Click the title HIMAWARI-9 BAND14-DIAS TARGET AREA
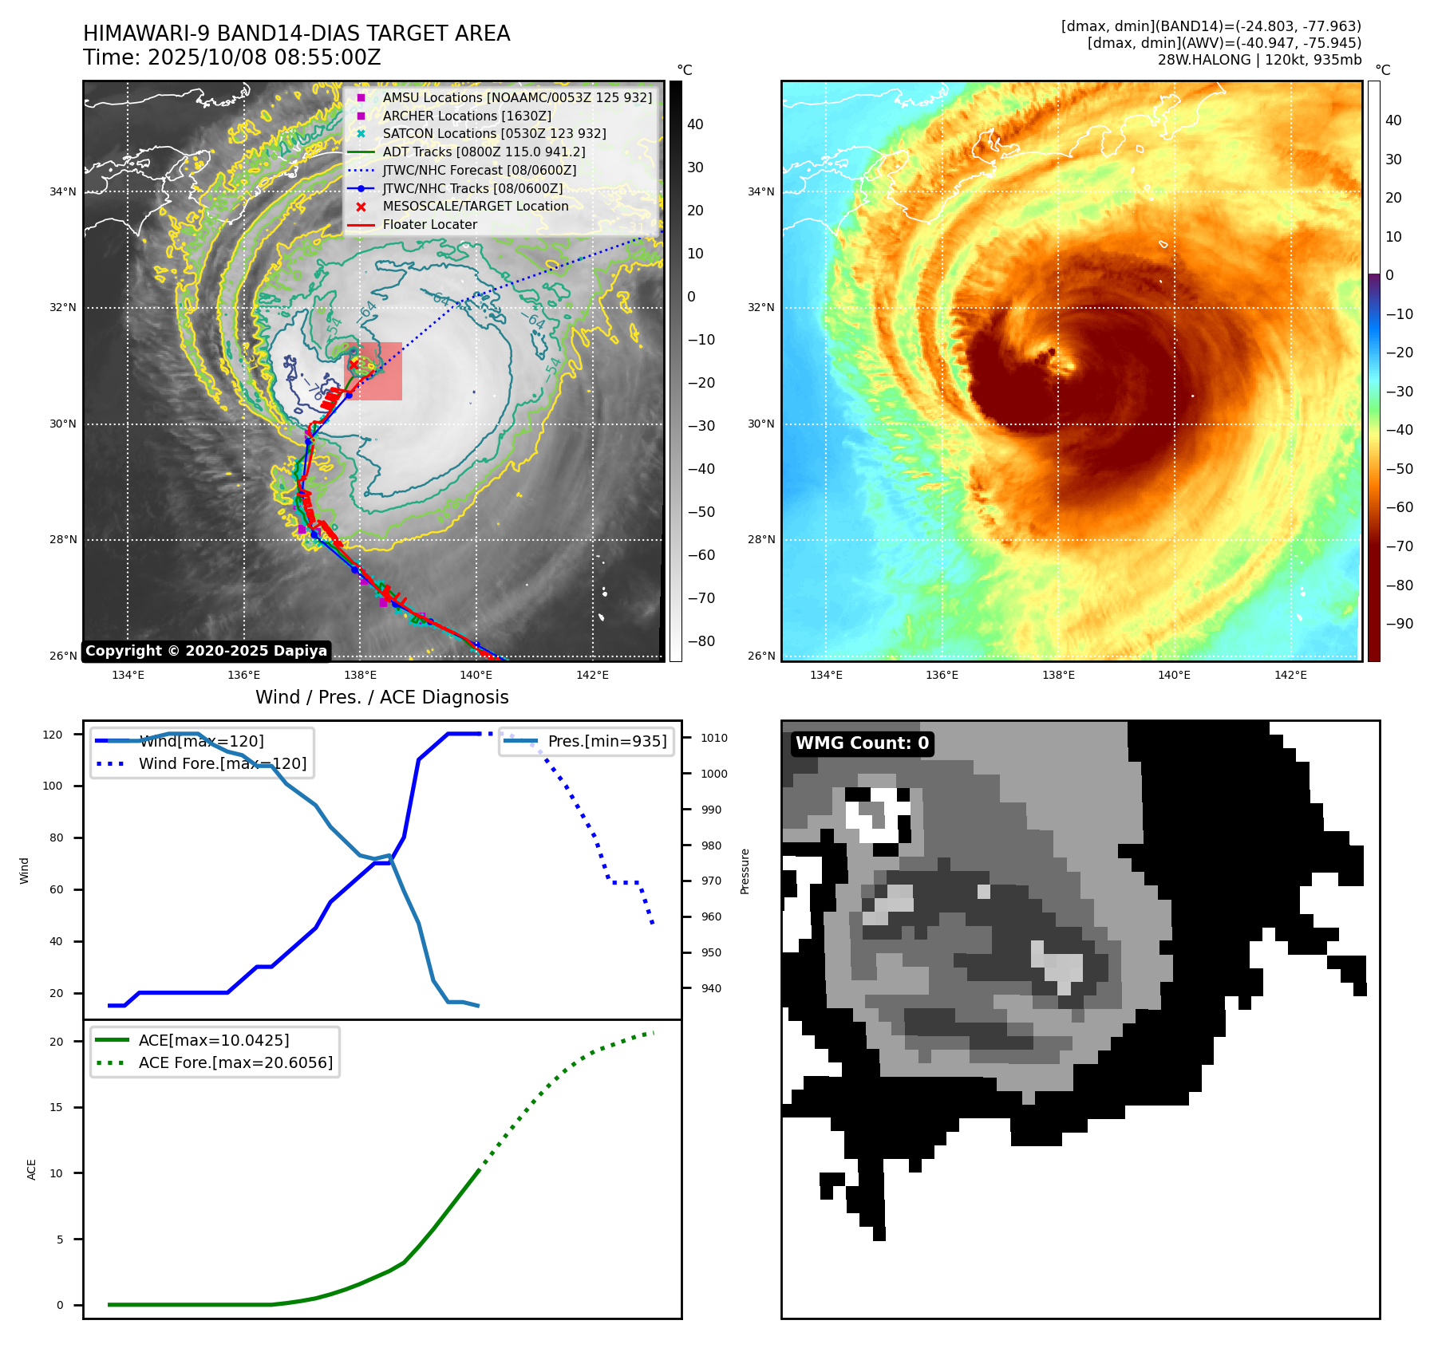[296, 34]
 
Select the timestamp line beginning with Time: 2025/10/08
[231, 57]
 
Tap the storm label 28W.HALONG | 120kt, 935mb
[1259, 60]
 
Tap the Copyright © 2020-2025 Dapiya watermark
[206, 651]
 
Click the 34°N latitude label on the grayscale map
[63, 191]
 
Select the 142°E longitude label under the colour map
[1290, 675]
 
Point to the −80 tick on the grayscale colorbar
[701, 641]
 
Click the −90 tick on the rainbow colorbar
[1400, 624]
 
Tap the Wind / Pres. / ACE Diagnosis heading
[381, 697]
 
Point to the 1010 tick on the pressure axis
[713, 738]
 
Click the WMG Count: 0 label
[862, 743]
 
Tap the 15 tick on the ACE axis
[56, 1107]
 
